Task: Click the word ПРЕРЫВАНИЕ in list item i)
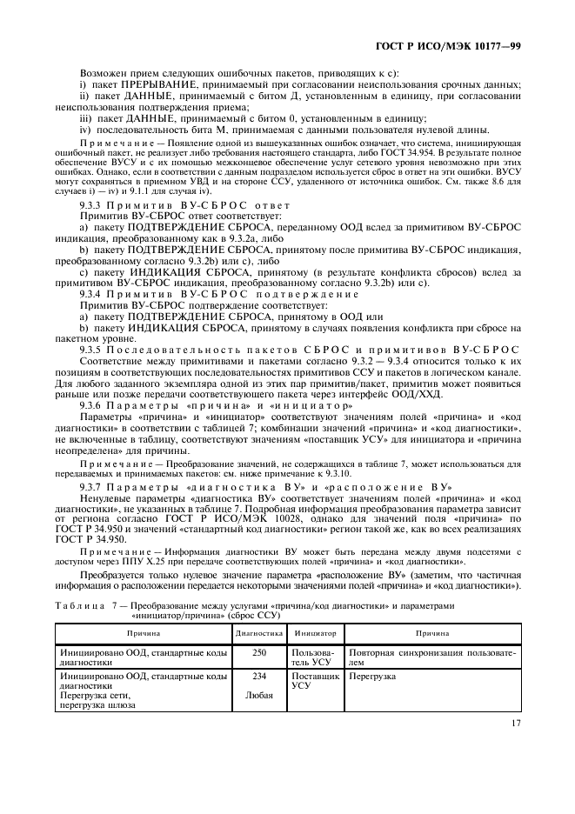coord(153,84)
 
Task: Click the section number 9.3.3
coord(93,204)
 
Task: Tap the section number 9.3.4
coord(93,296)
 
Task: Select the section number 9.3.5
coord(93,349)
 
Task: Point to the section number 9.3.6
coord(93,405)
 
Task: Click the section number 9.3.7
coord(93,485)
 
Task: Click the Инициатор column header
coord(314,635)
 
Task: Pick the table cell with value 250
coord(258,651)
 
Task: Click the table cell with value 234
coord(258,675)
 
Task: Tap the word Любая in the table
coord(258,695)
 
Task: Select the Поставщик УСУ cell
coord(314,680)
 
